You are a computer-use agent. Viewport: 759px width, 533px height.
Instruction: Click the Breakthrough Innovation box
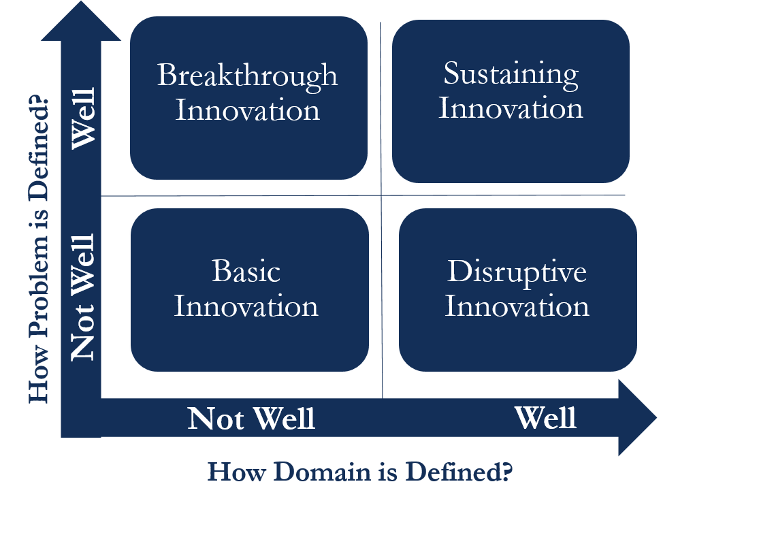[x=248, y=98]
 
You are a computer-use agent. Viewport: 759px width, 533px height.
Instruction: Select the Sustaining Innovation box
[x=511, y=101]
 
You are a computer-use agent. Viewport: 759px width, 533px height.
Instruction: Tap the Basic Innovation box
[x=249, y=290]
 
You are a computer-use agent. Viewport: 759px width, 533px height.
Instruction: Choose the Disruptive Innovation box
[x=517, y=290]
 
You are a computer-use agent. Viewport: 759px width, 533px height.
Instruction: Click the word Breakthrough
[x=247, y=75]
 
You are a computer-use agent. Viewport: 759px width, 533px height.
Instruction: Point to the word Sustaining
[x=511, y=74]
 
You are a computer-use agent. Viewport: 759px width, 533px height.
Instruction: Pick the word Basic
[x=246, y=272]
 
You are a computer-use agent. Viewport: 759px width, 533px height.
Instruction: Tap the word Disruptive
[x=517, y=272]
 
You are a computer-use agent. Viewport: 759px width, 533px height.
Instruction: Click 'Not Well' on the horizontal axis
[x=251, y=418]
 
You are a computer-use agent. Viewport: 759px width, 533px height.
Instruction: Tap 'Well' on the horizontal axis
[x=545, y=417]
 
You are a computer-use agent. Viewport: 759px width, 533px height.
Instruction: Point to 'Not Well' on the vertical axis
[x=82, y=297]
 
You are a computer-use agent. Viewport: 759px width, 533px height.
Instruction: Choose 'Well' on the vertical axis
[x=84, y=122]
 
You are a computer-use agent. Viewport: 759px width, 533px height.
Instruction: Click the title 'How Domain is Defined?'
[x=359, y=472]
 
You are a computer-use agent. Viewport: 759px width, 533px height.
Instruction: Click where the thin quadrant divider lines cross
[x=381, y=196]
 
